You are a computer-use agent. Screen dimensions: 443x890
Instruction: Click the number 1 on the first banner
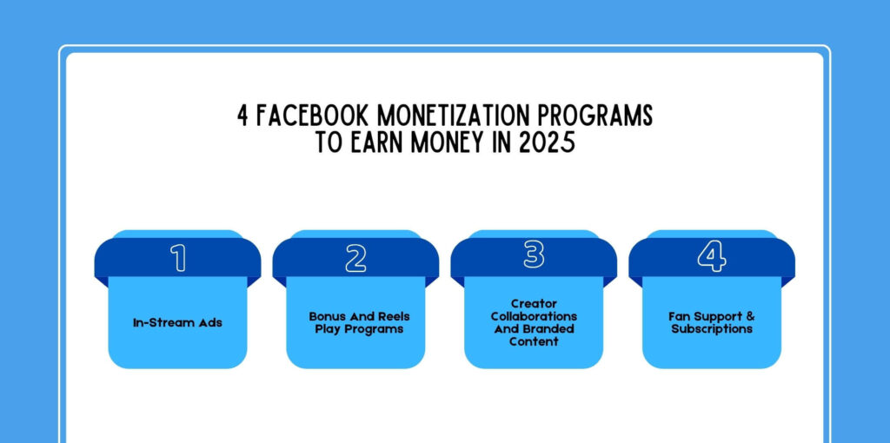178,258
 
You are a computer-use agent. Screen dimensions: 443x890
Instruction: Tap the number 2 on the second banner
355,258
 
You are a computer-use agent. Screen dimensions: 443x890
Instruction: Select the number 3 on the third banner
534,255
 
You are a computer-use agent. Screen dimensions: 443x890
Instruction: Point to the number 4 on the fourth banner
711,258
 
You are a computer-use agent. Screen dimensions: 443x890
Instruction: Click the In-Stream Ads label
177,322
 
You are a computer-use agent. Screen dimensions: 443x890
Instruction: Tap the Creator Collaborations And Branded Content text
534,322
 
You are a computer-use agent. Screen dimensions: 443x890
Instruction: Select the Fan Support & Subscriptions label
712,322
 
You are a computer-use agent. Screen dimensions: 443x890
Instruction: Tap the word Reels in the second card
391,316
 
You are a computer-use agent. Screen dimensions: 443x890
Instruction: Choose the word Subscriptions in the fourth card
712,329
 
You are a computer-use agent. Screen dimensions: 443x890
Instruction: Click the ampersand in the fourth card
750,316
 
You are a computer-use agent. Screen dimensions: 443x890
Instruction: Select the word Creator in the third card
534,303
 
